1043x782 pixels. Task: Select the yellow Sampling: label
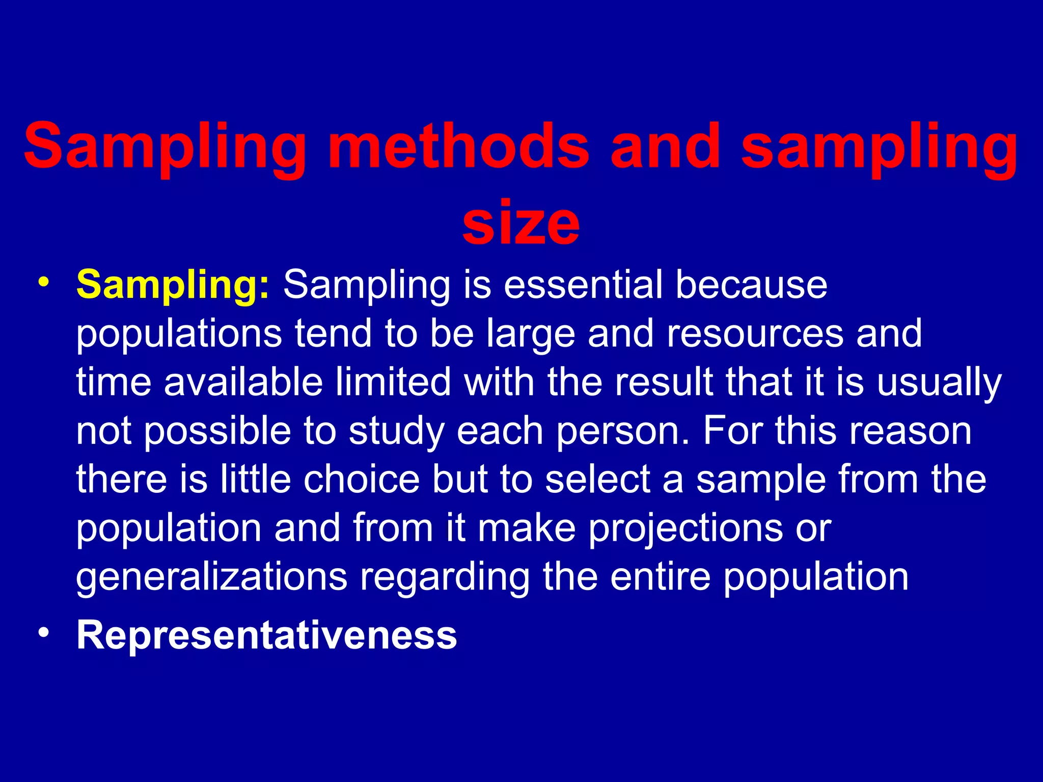pyautogui.click(x=173, y=285)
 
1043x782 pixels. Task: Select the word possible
pyautogui.click(x=217, y=432)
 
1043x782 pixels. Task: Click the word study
pyautogui.click(x=397, y=432)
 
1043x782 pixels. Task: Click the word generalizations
pyautogui.click(x=212, y=577)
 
